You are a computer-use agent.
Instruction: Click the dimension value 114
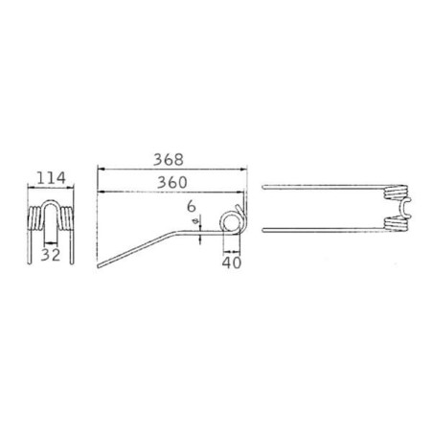pos(52,178)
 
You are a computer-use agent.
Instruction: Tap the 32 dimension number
pos(51,255)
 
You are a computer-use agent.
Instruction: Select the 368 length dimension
pos(169,160)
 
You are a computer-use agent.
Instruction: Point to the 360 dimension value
pos(172,182)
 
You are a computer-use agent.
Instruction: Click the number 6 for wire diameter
pos(191,206)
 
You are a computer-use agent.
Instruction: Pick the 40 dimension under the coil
pos(232,262)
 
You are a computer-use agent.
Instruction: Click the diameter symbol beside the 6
pos(196,220)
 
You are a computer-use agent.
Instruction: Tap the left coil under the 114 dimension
pos(35,218)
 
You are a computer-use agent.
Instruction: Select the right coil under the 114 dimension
pos(66,218)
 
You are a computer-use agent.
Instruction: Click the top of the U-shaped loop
pos(51,201)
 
